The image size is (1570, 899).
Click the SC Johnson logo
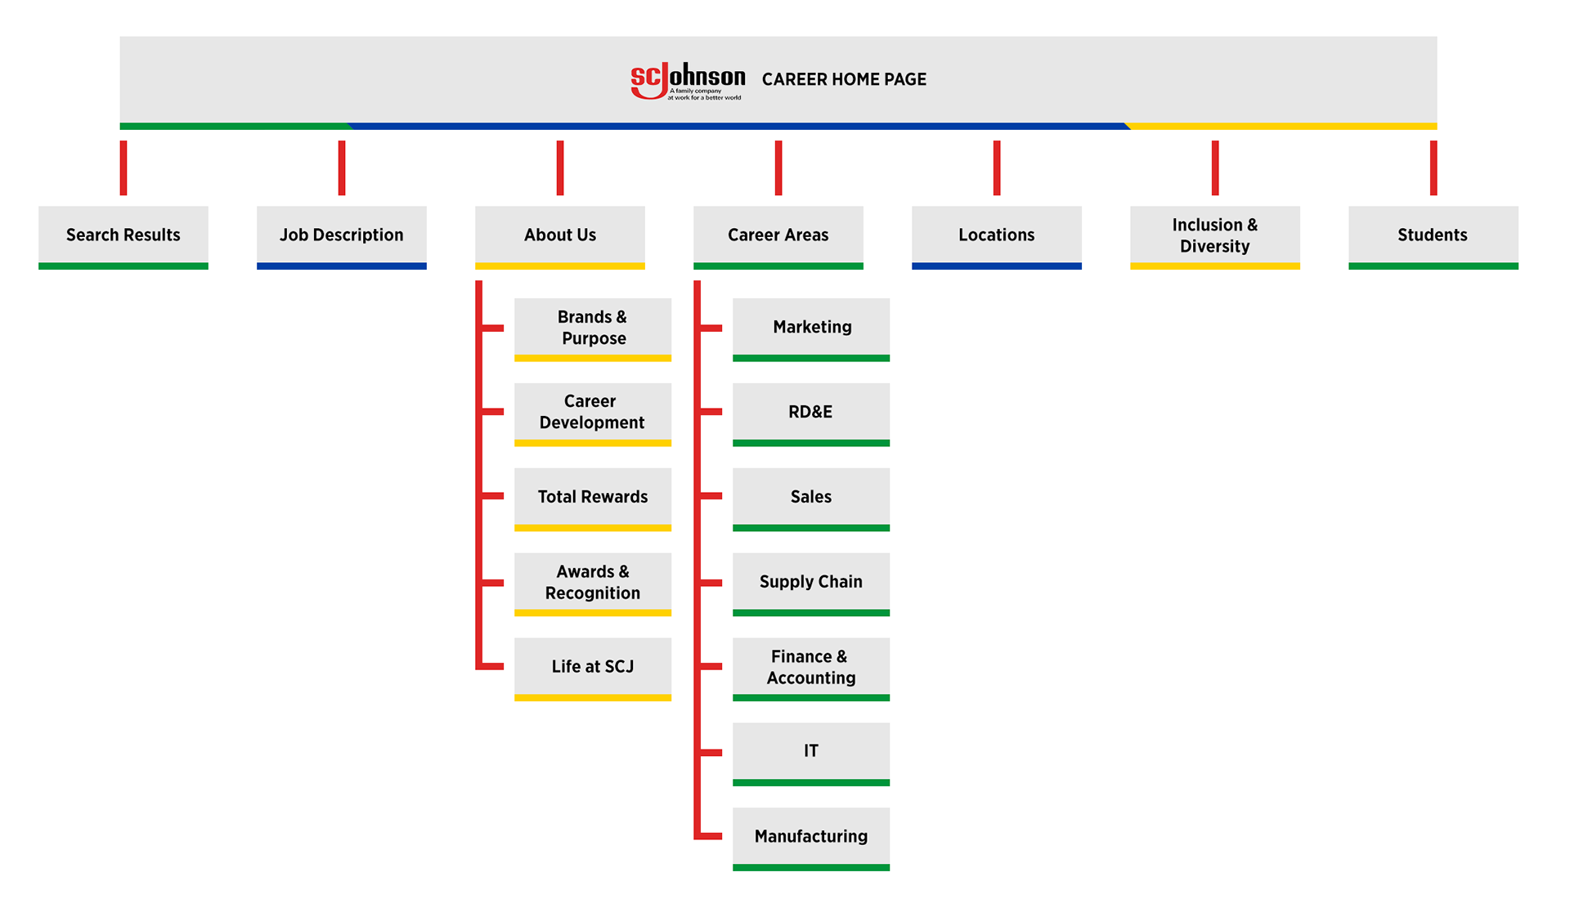687,80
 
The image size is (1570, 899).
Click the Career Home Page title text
844,79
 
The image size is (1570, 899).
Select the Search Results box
123,235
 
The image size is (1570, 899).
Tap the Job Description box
342,235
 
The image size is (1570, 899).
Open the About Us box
560,235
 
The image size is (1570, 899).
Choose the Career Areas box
778,235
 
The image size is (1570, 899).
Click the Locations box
997,235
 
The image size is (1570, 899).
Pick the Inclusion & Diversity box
1215,235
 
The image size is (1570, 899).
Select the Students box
1433,235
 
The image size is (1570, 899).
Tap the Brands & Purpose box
593,328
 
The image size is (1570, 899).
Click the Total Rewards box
593,497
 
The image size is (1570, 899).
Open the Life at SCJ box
593,667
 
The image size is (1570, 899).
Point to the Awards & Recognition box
593,582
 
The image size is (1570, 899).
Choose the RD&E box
811,412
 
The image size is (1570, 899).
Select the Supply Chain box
811,582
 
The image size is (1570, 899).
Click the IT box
811,752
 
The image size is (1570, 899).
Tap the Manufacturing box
811,837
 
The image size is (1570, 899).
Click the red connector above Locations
997,168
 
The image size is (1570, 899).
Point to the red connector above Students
1433,168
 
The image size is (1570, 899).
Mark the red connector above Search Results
123,168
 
